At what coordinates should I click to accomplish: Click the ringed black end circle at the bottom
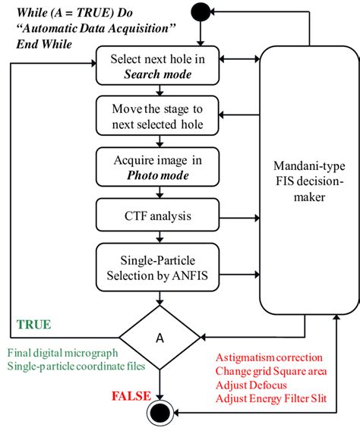point(162,414)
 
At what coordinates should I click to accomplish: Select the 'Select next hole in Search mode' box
point(158,66)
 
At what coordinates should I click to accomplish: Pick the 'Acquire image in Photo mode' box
point(158,165)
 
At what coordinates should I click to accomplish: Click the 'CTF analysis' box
point(158,215)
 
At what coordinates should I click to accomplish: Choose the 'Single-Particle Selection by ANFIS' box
point(158,265)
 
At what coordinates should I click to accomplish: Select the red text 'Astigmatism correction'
point(269,357)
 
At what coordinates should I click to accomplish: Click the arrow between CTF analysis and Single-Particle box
point(158,236)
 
